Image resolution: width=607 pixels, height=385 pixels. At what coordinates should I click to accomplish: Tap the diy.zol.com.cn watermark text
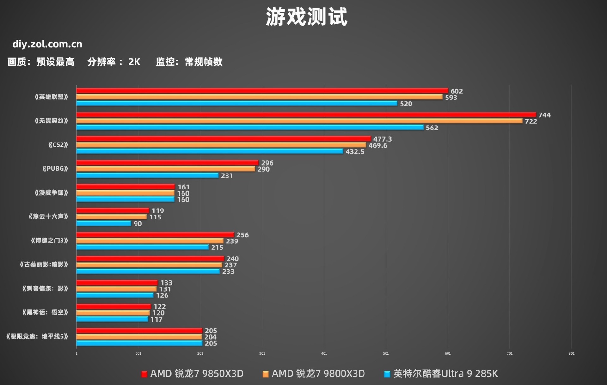[x=47, y=44]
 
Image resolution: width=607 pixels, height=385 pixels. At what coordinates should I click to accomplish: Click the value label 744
[x=544, y=115]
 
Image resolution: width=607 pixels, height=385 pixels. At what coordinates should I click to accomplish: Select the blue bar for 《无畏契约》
[x=250, y=127]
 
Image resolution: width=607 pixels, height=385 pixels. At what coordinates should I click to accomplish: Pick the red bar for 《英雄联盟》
[x=262, y=91]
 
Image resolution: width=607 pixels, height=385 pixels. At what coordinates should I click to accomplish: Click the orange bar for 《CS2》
[x=221, y=145]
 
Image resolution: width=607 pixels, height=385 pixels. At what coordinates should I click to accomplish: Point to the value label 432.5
[x=355, y=152]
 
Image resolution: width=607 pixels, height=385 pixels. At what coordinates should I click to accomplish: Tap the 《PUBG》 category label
[x=55, y=168]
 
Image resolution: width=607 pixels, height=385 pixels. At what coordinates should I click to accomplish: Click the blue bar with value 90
[x=104, y=223]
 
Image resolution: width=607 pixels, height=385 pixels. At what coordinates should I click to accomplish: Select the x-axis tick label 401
[x=324, y=353]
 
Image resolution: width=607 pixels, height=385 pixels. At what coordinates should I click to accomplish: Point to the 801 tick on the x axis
[x=571, y=353]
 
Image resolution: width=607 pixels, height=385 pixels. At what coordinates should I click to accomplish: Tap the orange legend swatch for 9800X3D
[x=266, y=374]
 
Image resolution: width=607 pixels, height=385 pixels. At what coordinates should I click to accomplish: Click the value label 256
[x=242, y=235]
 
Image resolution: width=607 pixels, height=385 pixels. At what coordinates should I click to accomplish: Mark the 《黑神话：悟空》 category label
[x=45, y=312]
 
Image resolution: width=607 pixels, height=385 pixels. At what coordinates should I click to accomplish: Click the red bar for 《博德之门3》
[x=155, y=235]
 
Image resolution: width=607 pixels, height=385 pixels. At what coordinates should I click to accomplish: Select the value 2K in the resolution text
[x=134, y=62]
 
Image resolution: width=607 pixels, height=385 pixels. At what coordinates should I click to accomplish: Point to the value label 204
[x=210, y=337]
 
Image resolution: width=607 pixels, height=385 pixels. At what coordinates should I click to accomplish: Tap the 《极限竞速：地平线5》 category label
[x=37, y=336]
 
